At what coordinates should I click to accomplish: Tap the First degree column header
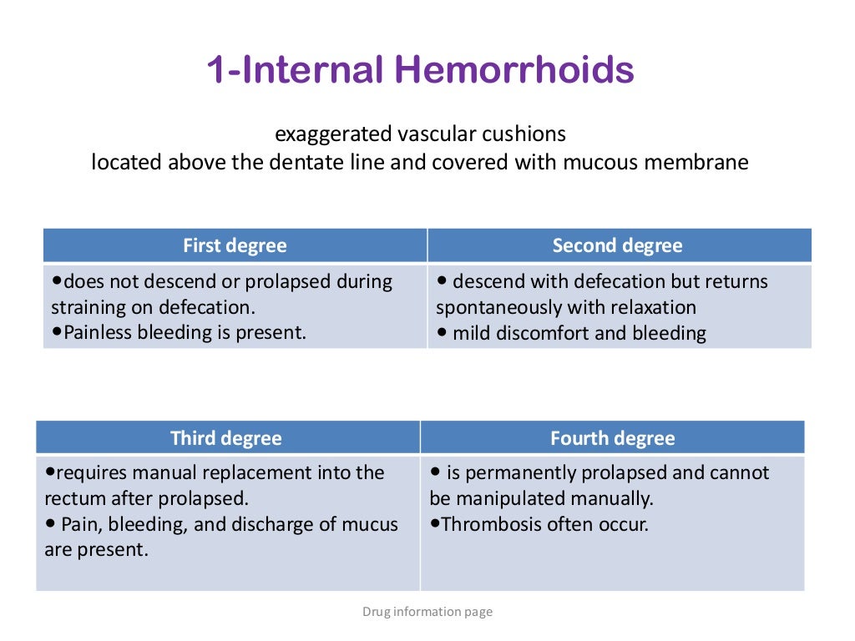pos(235,245)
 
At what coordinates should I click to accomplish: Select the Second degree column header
pos(617,245)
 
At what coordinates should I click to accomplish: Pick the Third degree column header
pos(226,438)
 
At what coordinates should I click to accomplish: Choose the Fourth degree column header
pos(612,438)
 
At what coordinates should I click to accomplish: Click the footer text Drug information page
pos(427,612)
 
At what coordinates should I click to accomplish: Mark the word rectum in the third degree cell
pos(72,498)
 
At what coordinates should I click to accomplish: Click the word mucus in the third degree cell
pos(372,524)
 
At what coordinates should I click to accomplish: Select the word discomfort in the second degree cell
pos(548,333)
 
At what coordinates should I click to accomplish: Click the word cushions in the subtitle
pos(529,134)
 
